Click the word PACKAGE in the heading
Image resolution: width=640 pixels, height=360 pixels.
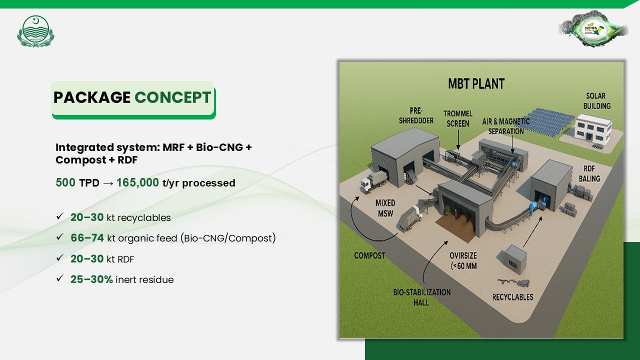[91, 97]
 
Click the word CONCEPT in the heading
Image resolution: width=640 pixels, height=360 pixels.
[172, 97]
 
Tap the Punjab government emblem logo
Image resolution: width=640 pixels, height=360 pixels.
[35, 31]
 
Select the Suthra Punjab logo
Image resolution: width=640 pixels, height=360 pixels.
[593, 28]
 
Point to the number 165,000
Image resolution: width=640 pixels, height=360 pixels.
[137, 183]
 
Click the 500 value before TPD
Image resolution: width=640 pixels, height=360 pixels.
[66, 183]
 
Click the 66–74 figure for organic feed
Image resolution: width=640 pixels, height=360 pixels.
[87, 238]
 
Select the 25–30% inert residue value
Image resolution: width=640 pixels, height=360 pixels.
[91, 279]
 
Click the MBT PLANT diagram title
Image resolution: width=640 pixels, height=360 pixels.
[476, 83]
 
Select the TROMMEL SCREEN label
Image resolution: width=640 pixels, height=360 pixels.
[457, 118]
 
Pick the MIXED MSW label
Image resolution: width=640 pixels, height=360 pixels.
[385, 207]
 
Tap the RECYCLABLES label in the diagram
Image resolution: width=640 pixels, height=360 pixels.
[512, 297]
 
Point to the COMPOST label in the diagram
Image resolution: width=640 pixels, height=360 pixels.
[369, 255]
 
